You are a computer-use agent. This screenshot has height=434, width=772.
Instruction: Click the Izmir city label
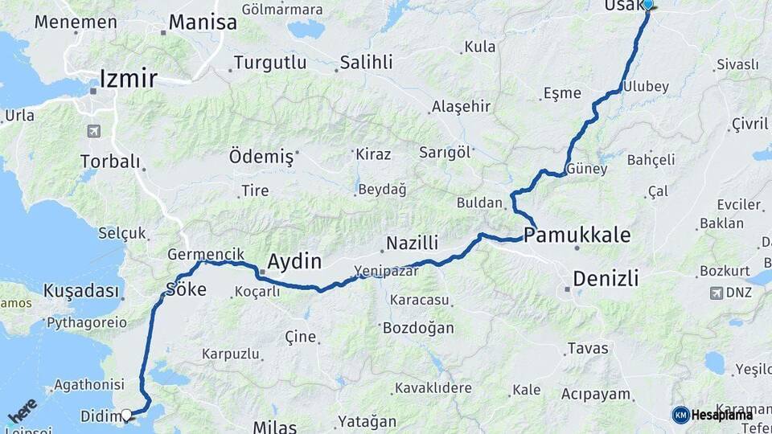tap(128, 78)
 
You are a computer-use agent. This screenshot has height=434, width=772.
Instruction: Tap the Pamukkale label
tap(577, 235)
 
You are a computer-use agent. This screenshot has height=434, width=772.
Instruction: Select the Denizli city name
tap(606, 279)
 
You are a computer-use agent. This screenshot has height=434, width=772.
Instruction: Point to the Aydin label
tap(294, 262)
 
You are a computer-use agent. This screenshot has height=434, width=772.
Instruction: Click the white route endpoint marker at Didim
tap(126, 416)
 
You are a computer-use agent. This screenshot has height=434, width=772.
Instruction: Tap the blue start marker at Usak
tap(648, 4)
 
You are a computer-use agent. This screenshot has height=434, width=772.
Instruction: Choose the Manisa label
tap(203, 23)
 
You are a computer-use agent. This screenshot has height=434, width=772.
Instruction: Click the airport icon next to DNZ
tap(716, 293)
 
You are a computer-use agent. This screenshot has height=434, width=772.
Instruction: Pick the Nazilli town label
tap(412, 243)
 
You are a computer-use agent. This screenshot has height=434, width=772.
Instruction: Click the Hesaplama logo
tap(712, 415)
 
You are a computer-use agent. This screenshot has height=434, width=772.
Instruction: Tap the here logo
tap(23, 410)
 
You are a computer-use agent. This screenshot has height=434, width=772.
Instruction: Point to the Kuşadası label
tap(81, 290)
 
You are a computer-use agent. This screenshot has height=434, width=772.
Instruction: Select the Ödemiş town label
tap(261, 157)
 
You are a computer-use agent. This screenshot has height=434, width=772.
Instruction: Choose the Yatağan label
tap(368, 421)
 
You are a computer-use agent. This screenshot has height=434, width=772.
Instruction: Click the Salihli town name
tap(366, 63)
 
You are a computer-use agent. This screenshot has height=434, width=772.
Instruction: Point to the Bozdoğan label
tap(418, 328)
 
